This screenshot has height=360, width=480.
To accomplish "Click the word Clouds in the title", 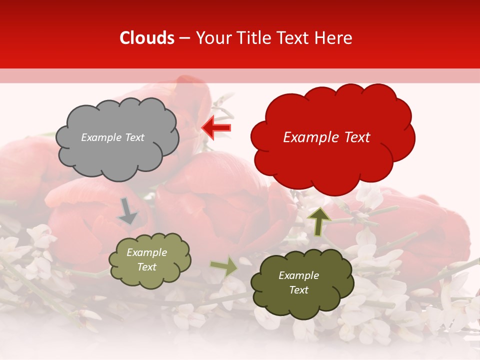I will (147, 38).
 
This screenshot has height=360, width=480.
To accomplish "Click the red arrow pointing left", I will (216, 128).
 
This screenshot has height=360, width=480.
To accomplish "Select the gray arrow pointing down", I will (128, 211).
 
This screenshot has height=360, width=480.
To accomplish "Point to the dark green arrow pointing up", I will (319, 221).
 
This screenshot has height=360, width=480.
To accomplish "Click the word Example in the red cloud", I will (307, 137).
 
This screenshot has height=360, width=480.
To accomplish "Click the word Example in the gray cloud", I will (101, 137).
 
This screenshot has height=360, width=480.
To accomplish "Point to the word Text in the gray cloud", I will (133, 137).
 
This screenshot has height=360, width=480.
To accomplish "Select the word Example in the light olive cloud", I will (147, 252).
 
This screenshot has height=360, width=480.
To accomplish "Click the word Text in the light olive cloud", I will (147, 267).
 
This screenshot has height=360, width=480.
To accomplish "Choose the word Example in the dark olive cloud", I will (298, 275).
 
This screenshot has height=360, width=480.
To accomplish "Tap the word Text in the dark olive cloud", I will (298, 290).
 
